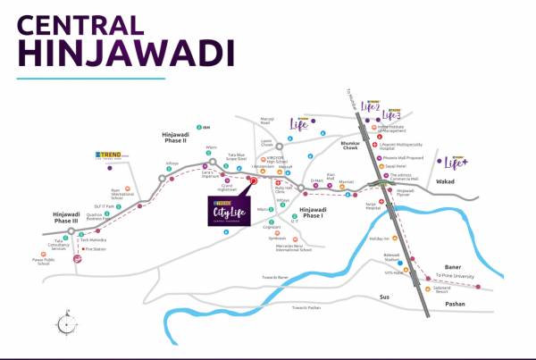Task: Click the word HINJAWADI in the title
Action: coord(120,51)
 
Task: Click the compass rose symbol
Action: coord(63,320)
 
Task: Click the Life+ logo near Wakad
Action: coord(456,162)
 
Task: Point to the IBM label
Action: coord(205,127)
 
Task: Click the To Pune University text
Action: coord(453,275)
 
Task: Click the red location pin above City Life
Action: coord(254,181)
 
